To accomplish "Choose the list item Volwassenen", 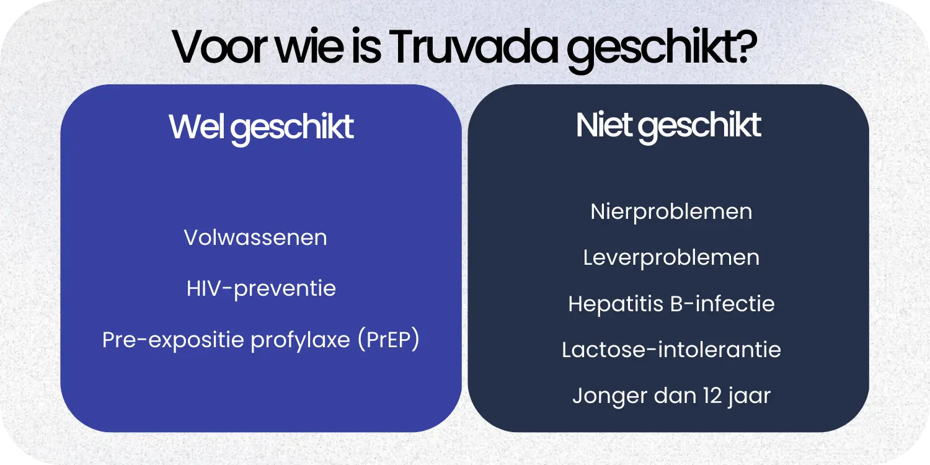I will [255, 238].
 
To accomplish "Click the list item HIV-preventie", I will [261, 289].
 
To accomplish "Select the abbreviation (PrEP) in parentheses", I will [389, 340].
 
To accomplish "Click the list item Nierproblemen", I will [671, 212].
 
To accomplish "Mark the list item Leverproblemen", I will [671, 258].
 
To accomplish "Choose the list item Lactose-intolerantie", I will [671, 350].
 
